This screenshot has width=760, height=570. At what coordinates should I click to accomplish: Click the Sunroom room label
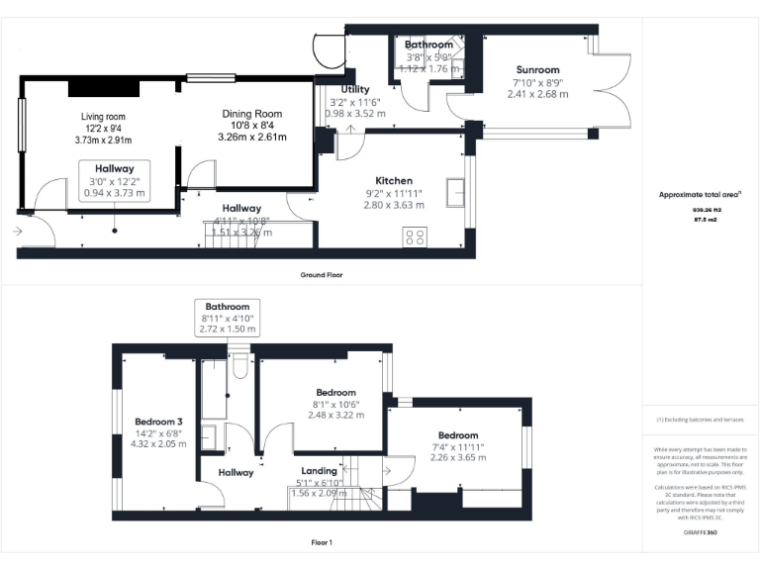537,70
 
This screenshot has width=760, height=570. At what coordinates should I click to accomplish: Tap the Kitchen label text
394,182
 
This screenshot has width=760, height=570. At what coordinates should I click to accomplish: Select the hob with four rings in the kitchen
416,237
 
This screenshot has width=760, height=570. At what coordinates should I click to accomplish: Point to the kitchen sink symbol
456,189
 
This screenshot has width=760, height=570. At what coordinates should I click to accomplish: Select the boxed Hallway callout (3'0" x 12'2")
115,181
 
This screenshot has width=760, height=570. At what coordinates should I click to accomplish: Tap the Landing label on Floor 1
320,471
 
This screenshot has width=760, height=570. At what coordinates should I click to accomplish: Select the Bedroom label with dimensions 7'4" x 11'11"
458,435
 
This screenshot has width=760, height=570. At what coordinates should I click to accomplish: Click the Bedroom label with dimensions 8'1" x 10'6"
335,393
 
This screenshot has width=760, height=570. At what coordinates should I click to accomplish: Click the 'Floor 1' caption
322,542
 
